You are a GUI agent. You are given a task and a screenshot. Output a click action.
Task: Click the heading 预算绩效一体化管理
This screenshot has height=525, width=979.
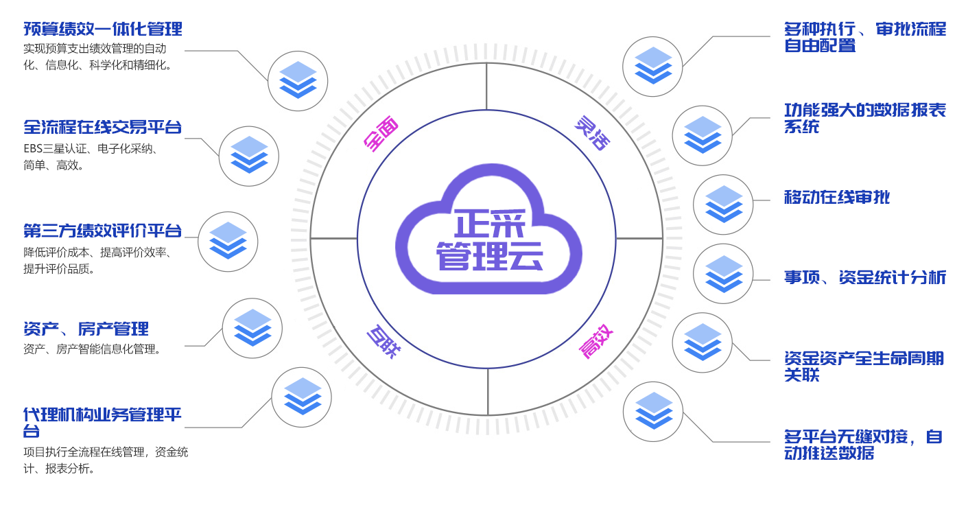[x=103, y=30]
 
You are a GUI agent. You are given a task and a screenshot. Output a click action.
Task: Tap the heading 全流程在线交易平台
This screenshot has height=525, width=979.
[x=103, y=128]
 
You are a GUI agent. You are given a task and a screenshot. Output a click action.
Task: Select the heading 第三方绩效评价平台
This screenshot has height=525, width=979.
[x=103, y=231]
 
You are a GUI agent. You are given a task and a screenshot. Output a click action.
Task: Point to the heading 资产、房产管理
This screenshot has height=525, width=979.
[x=86, y=329]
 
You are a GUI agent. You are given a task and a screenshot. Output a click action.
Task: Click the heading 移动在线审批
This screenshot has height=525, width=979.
[x=837, y=198]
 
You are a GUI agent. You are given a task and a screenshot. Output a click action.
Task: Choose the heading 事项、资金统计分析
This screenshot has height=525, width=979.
[x=865, y=278]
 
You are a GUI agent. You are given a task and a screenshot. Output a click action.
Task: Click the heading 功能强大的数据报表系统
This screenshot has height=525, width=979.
[x=865, y=119]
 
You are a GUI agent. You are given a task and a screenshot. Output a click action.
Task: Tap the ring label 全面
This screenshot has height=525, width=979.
[x=381, y=135]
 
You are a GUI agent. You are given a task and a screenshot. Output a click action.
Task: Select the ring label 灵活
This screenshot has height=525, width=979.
[x=591, y=133]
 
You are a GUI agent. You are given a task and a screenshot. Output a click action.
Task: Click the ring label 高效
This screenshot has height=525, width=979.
[x=595, y=341]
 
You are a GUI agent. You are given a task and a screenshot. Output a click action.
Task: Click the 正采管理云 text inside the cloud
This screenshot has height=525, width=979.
[x=489, y=240]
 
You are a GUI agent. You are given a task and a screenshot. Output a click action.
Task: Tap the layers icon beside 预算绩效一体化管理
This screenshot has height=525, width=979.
[x=298, y=81]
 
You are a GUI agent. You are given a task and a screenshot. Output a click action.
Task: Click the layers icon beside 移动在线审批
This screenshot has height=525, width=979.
[x=723, y=205]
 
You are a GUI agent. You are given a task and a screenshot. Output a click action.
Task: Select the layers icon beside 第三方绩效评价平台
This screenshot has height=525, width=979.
[x=228, y=242]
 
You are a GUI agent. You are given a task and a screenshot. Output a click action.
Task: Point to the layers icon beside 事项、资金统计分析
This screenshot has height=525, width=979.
[x=723, y=274]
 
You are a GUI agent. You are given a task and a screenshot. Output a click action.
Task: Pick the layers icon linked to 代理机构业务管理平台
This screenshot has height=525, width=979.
[x=302, y=397]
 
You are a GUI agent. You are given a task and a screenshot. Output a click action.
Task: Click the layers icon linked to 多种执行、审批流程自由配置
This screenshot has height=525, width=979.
[x=652, y=67]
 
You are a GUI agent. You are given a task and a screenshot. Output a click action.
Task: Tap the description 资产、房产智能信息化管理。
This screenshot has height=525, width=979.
[x=93, y=349]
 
